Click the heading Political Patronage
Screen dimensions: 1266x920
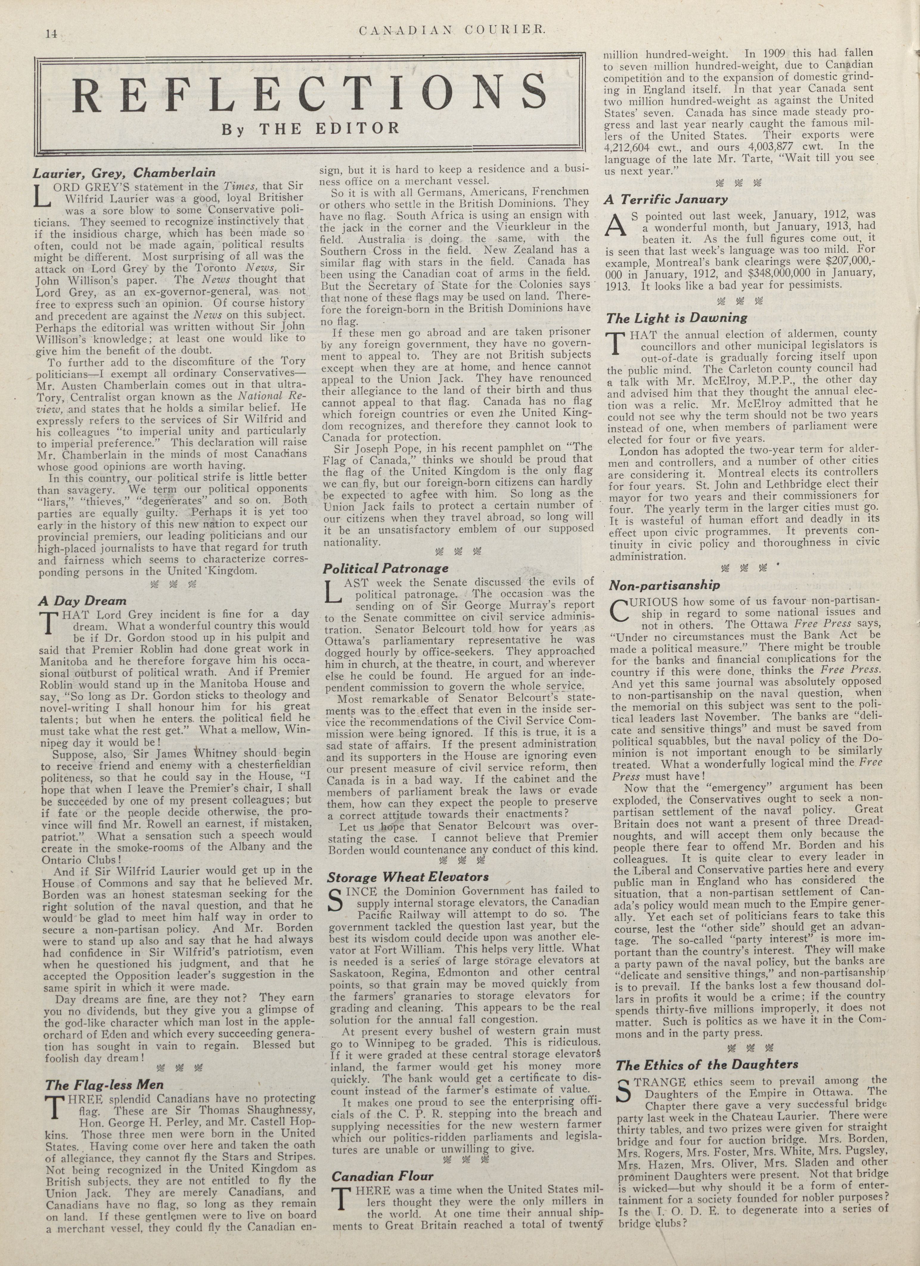click(x=386, y=568)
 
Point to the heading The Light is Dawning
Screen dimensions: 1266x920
click(x=677, y=318)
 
